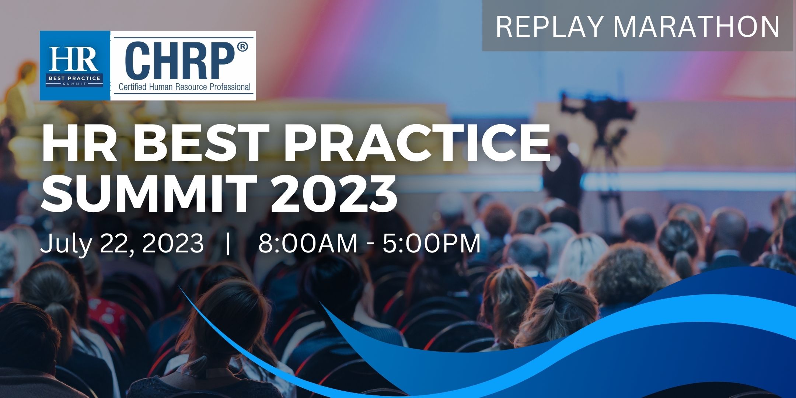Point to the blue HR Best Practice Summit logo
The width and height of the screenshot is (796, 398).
point(75,66)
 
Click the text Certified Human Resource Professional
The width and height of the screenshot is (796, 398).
point(184,87)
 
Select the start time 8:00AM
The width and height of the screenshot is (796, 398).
point(308,243)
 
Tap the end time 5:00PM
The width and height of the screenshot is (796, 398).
point(432,243)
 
